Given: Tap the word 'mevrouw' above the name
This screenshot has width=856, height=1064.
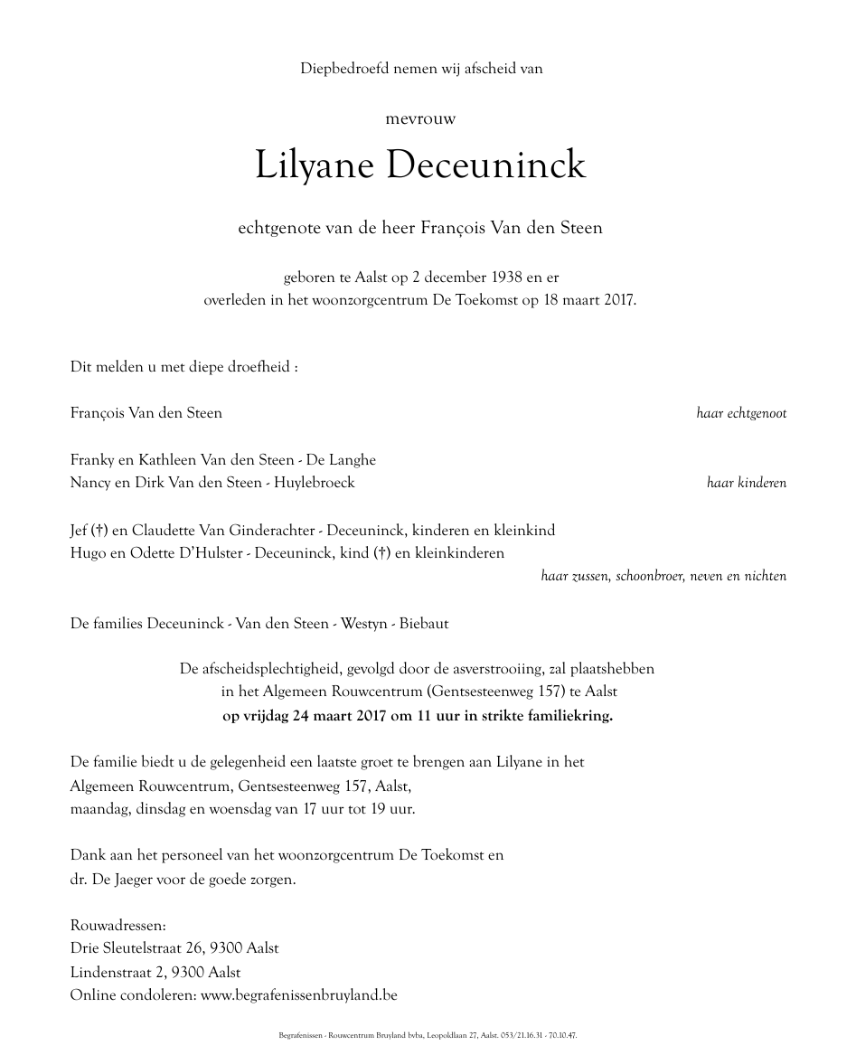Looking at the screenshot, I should coord(421,118).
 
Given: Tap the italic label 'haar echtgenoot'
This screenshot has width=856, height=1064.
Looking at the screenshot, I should coord(741,413).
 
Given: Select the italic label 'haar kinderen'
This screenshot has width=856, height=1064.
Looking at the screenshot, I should coord(747,483).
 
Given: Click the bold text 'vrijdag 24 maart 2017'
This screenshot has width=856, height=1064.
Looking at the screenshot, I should coord(306,715).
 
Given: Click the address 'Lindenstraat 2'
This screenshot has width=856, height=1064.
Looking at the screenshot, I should coord(127,972).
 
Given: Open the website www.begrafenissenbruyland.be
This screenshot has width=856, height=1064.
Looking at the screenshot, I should coord(299,995).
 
